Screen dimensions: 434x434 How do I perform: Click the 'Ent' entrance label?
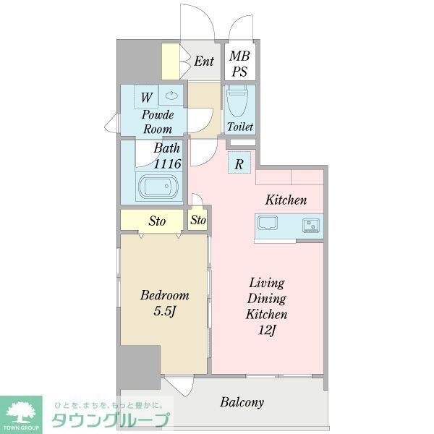[x=204, y=61]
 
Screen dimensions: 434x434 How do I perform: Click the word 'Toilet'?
[x=240, y=127]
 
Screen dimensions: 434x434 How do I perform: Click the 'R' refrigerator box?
[x=239, y=163]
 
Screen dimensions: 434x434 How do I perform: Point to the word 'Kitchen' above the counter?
[x=286, y=200]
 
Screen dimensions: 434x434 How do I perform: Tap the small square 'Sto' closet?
[x=198, y=221]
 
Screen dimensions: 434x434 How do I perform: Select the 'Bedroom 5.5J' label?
[x=164, y=303]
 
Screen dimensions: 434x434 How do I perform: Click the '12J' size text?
[x=267, y=331]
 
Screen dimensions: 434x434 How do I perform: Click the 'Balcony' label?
[x=242, y=402]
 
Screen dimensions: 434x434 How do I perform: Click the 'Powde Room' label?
[x=156, y=122]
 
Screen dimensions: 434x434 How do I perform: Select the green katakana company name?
[x=110, y=420]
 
